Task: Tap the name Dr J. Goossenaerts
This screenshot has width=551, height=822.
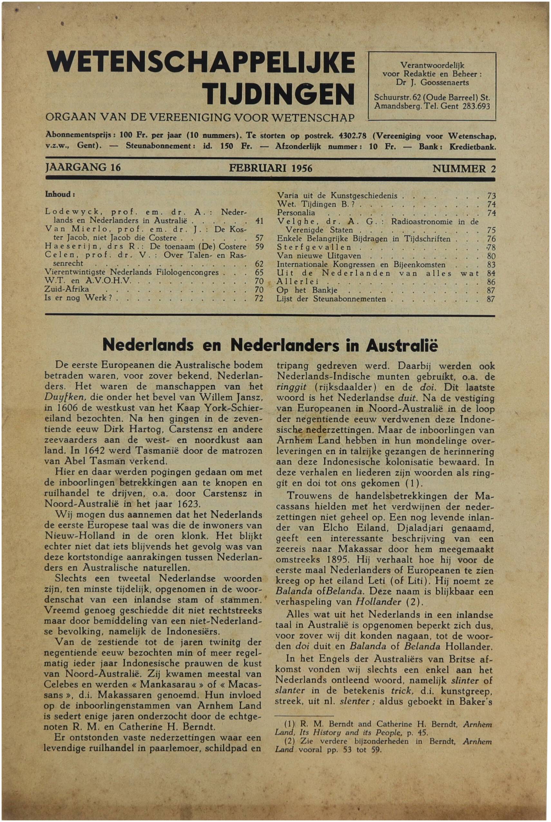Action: click(432, 82)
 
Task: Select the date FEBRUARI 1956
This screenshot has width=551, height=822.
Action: click(271, 168)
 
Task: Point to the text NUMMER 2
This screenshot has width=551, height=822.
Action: click(464, 169)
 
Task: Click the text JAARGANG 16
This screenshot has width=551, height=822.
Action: click(83, 167)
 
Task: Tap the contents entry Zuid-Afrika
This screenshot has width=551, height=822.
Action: click(66, 289)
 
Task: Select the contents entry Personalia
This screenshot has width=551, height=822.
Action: click(296, 213)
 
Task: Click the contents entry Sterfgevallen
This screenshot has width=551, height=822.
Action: click(314, 247)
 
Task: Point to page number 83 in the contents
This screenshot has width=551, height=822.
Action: click(491, 265)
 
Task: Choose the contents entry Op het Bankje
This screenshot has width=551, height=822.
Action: click(307, 290)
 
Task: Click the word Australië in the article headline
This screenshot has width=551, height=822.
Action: click(402, 346)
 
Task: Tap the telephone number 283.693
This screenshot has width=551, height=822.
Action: click(476, 106)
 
